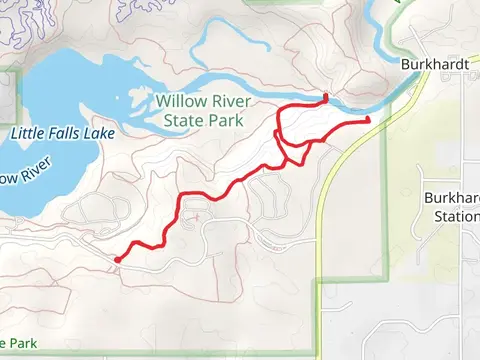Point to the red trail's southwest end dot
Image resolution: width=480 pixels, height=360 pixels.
click(x=118, y=260)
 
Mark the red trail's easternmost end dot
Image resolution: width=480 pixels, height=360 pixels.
click(x=367, y=120)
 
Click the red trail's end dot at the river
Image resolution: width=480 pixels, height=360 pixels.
click(x=325, y=98)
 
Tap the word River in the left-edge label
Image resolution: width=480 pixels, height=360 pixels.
click(x=21, y=178)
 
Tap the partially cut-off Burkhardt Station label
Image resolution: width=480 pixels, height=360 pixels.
click(x=451, y=207)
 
